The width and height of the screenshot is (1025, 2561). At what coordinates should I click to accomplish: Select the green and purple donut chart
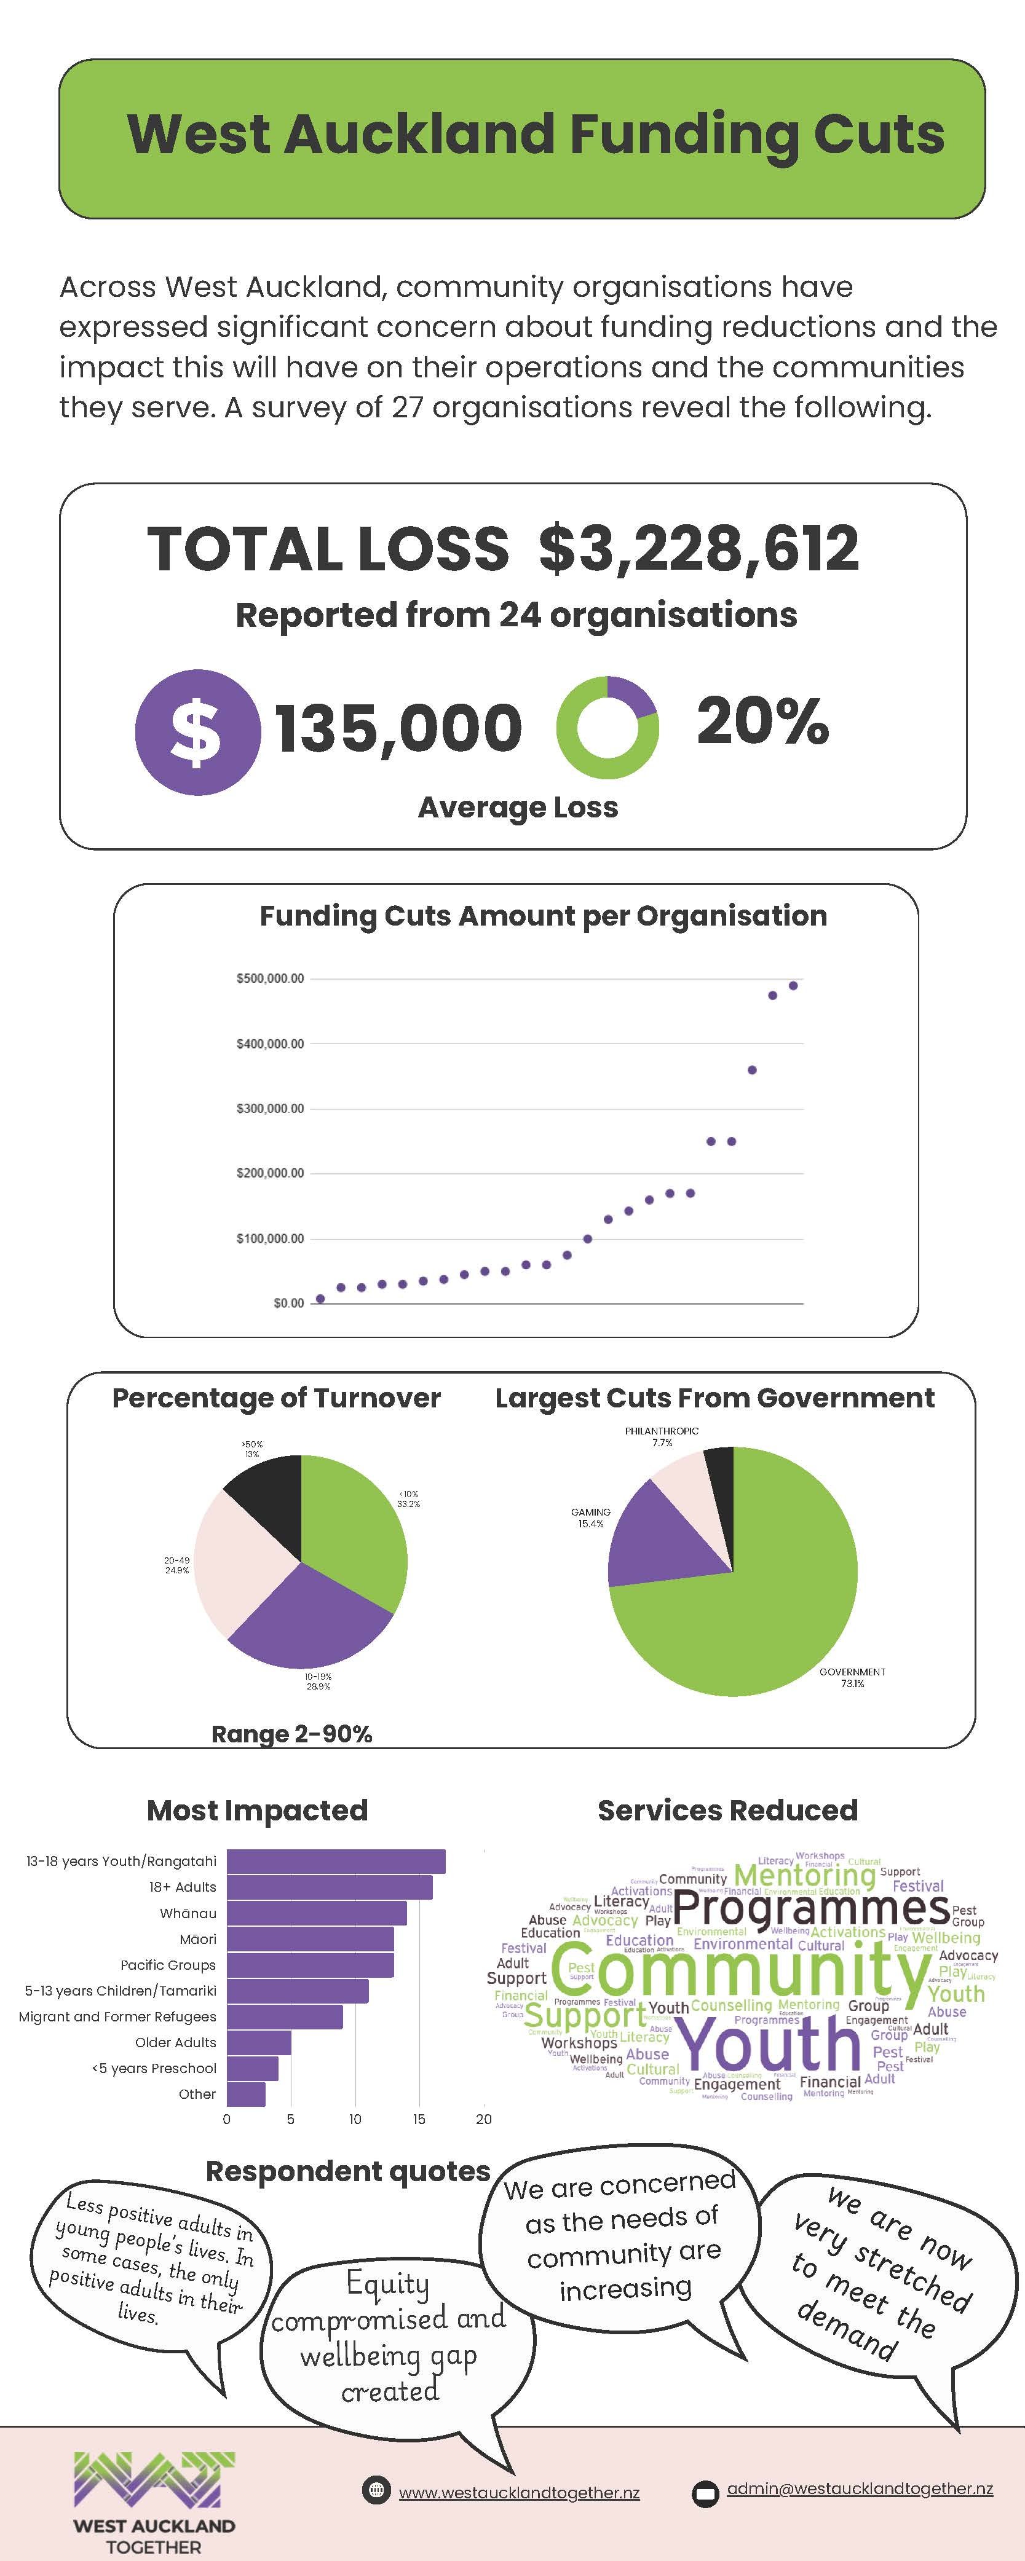607,726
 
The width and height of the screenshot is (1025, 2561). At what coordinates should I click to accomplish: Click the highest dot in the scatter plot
793,985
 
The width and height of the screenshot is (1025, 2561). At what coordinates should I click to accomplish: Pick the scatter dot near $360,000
751,1071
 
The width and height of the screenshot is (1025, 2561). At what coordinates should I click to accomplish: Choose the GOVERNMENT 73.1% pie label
852,1677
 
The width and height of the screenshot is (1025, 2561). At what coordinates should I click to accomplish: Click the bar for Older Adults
258,2042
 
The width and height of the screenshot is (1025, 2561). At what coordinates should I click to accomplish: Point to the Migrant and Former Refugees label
117,2016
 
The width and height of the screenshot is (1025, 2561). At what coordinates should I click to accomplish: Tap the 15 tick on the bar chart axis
419,2118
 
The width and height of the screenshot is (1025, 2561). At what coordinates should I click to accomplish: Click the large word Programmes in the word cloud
810,1908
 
